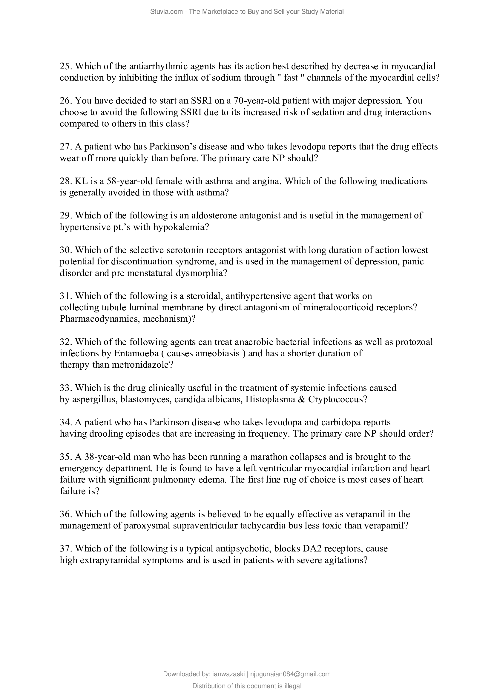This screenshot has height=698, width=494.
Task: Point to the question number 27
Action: tap(66, 147)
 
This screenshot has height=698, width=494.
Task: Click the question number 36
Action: tap(66, 514)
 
